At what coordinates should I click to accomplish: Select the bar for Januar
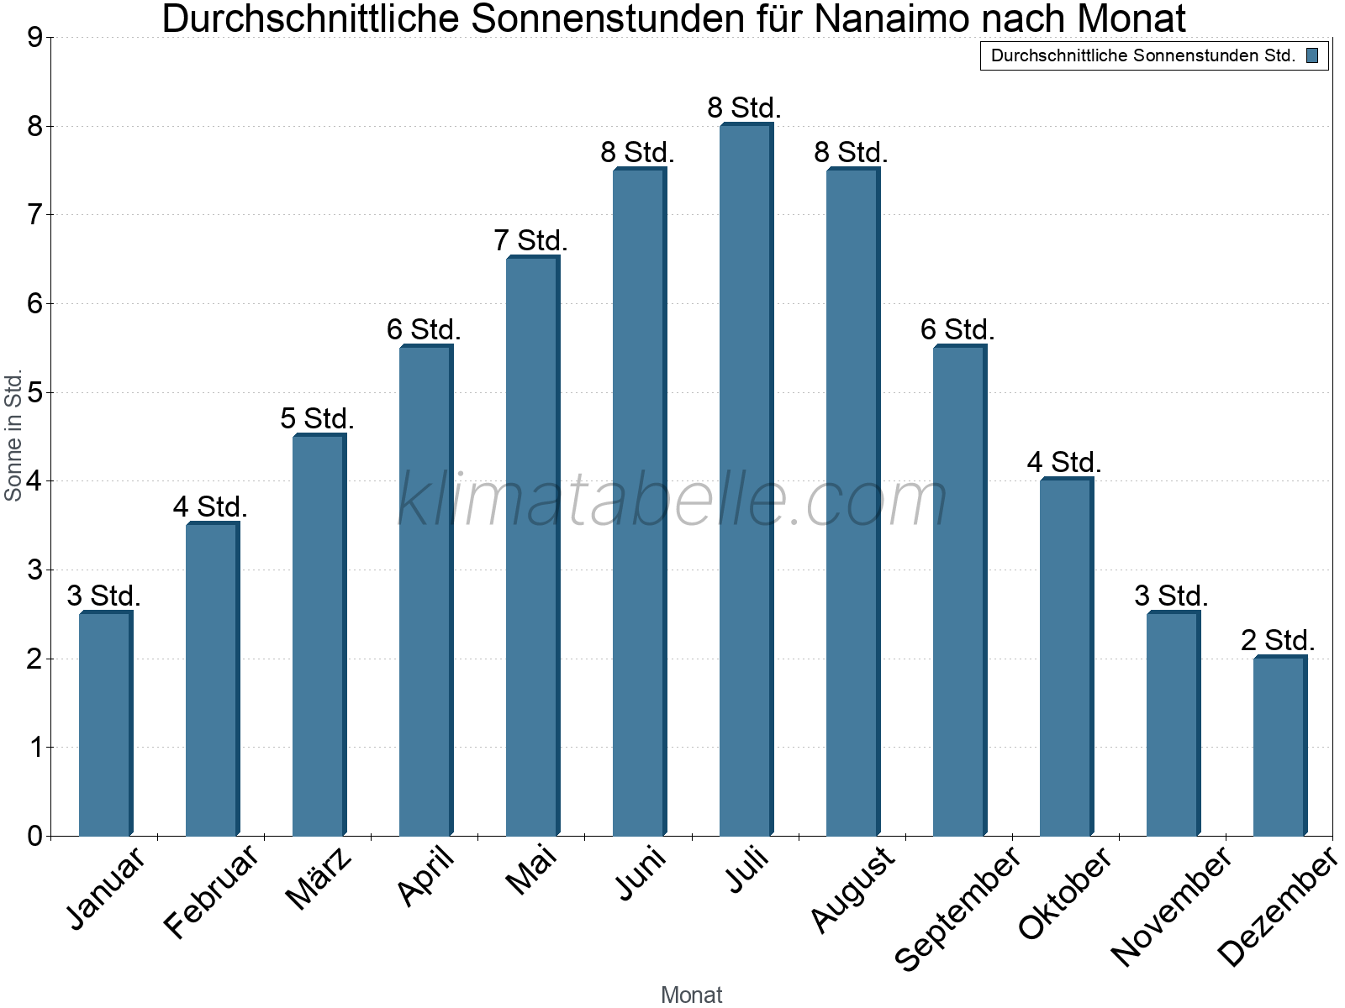pos(105,723)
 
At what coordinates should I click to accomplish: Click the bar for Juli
pos(746,480)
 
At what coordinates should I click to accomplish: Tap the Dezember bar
pos(1279,746)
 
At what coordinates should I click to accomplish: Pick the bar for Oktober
pos(1066,657)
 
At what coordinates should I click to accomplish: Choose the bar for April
pos(425,591)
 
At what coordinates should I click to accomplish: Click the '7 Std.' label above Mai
pos(531,241)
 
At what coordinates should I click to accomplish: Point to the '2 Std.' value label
pos(1278,641)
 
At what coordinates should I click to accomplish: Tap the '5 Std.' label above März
pos(318,418)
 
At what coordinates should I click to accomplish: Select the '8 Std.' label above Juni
pos(637,153)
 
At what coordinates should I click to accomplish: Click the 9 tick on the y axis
pos(34,38)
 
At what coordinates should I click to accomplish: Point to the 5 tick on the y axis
pos(34,392)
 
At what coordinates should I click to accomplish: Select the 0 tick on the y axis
pos(34,836)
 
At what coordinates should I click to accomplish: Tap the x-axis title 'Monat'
pos(691,995)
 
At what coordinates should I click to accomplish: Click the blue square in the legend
pos(1312,56)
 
